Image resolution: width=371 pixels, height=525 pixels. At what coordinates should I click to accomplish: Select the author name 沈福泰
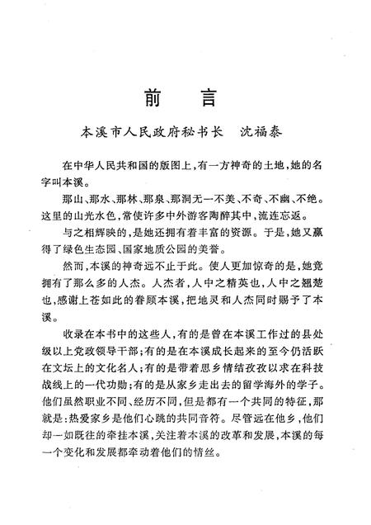[261, 130]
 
